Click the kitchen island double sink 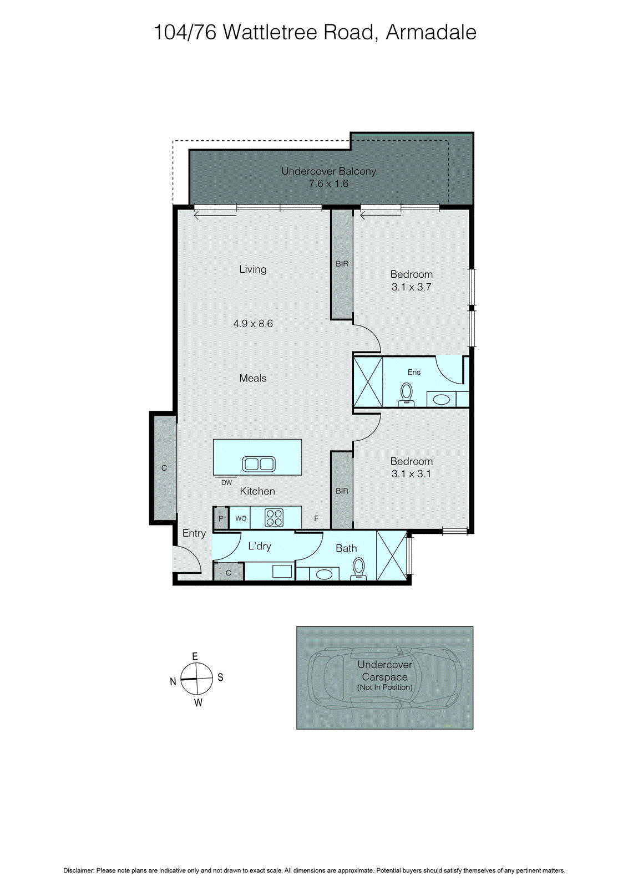click(x=259, y=463)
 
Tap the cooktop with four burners click(x=274, y=518)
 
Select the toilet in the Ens click(x=407, y=394)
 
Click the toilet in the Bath click(x=359, y=569)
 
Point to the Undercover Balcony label click(x=328, y=171)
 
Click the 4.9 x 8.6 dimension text click(x=253, y=324)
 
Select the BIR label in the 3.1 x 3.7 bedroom click(x=342, y=264)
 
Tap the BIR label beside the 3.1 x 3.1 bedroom click(x=342, y=491)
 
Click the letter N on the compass click(x=173, y=681)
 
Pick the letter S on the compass click(x=220, y=677)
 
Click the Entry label click(x=194, y=533)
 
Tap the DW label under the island click(x=226, y=483)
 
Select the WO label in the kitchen click(x=241, y=518)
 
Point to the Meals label click(x=253, y=378)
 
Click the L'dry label click(x=260, y=546)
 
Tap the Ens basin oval click(x=442, y=399)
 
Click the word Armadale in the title click(x=431, y=32)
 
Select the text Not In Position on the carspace click(x=385, y=687)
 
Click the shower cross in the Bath click(x=391, y=555)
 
